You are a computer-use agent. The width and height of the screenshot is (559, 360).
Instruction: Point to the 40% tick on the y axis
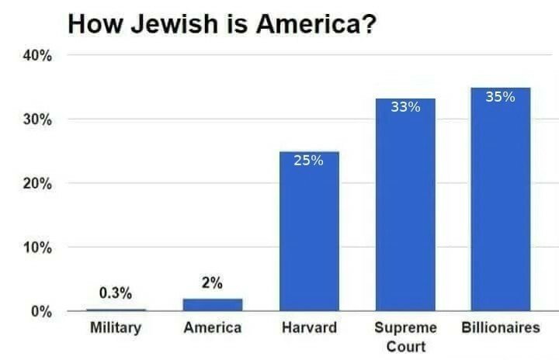[x=36, y=56]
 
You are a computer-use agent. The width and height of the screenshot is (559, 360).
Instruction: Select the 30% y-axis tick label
[x=36, y=120]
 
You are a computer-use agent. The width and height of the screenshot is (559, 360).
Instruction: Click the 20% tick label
[x=36, y=185]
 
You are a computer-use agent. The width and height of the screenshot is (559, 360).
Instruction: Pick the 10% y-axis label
[x=36, y=248]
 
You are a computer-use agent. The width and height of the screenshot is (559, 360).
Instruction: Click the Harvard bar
[x=309, y=233]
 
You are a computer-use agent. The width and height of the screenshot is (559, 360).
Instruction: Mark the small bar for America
[x=213, y=305]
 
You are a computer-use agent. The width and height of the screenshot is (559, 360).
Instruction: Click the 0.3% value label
[x=115, y=293]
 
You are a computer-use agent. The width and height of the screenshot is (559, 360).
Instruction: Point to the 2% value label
[x=212, y=283]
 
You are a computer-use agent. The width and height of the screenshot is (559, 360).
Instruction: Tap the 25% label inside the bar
[x=309, y=161]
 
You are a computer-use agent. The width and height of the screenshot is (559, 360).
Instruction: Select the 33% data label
[x=405, y=107]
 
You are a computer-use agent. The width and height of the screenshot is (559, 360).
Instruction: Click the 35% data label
[x=500, y=97]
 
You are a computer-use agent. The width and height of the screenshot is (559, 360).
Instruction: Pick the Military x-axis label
[x=116, y=328]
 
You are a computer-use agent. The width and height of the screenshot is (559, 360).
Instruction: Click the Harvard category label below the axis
[x=309, y=328]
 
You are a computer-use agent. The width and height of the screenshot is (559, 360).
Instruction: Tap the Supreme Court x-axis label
[x=405, y=337]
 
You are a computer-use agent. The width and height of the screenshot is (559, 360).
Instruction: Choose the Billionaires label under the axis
[x=500, y=328]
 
